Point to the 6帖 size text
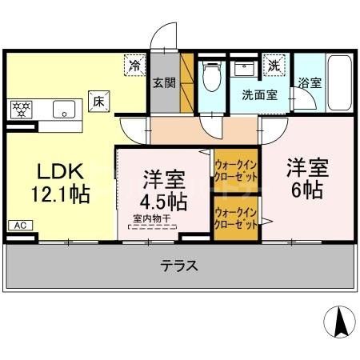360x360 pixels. click(x=306, y=190)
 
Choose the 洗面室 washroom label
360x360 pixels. click(x=259, y=94)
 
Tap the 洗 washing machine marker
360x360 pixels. click(x=274, y=64)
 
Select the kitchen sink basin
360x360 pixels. click(x=62, y=109)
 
